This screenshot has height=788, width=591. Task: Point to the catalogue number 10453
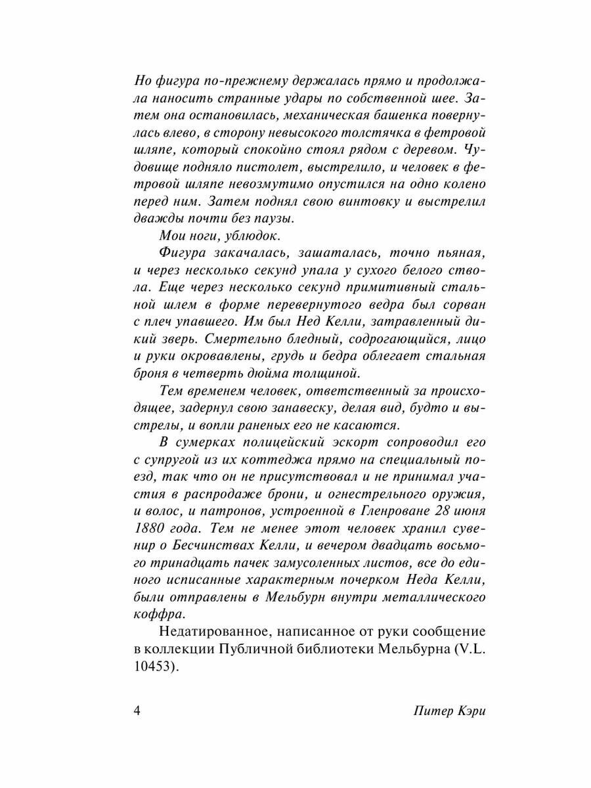click(x=155, y=666)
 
